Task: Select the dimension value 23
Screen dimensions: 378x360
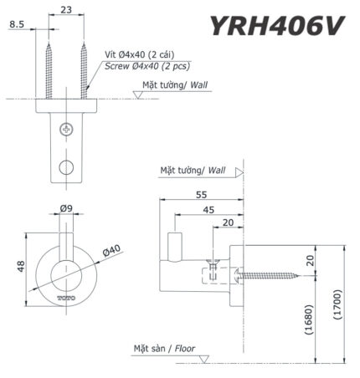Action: tap(66, 12)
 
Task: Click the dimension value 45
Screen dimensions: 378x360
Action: tap(208, 210)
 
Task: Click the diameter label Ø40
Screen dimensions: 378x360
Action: tap(114, 249)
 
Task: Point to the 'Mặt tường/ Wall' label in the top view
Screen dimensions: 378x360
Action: tap(173, 84)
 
